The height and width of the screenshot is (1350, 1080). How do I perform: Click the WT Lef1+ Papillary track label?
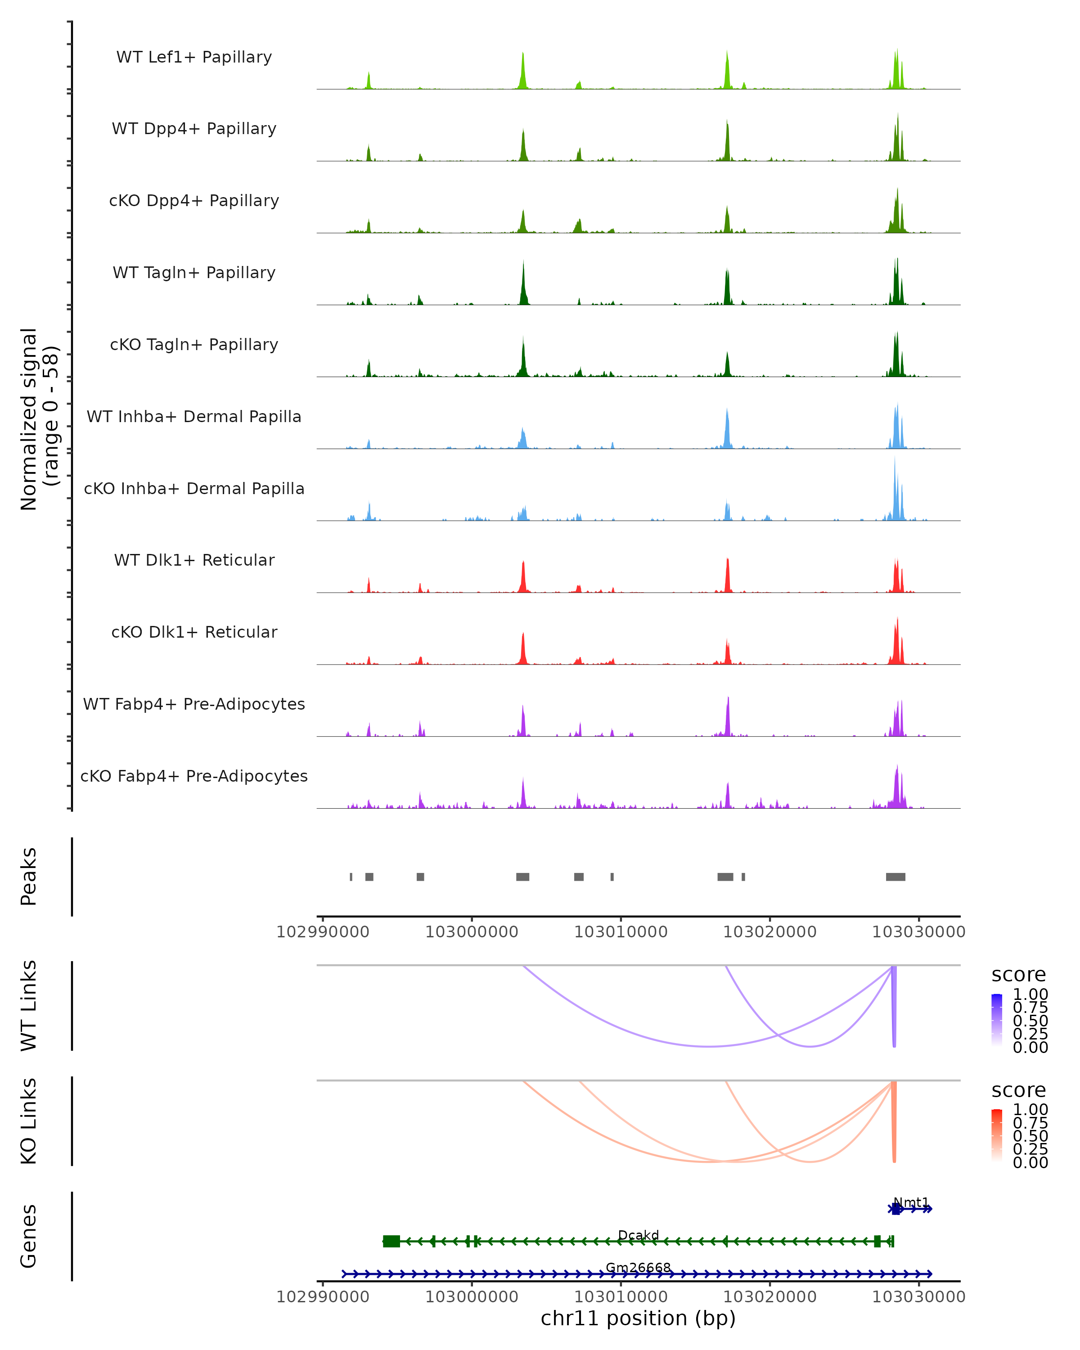(194, 57)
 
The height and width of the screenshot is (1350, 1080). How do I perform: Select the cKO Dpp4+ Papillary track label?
(194, 201)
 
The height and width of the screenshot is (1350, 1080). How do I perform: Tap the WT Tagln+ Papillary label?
(194, 273)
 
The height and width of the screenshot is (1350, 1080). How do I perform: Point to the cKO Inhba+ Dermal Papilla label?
(194, 489)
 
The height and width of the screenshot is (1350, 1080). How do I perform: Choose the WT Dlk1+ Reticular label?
(194, 560)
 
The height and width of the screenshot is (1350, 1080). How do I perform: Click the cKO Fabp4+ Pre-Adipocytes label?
(194, 776)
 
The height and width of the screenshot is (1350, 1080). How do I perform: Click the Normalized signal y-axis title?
(39, 419)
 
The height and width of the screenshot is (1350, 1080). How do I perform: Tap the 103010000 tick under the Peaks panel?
(621, 932)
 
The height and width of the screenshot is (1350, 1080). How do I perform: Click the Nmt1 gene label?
(911, 1203)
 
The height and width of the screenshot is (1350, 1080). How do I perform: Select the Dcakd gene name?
(638, 1235)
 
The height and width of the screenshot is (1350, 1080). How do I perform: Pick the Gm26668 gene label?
(638, 1268)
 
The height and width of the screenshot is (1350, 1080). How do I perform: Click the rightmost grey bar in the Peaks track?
(895, 877)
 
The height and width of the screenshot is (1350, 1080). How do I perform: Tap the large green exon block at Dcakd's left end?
(391, 1241)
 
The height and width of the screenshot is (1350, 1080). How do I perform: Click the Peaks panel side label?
(29, 877)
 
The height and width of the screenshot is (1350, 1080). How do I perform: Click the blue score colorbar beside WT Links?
(997, 1019)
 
